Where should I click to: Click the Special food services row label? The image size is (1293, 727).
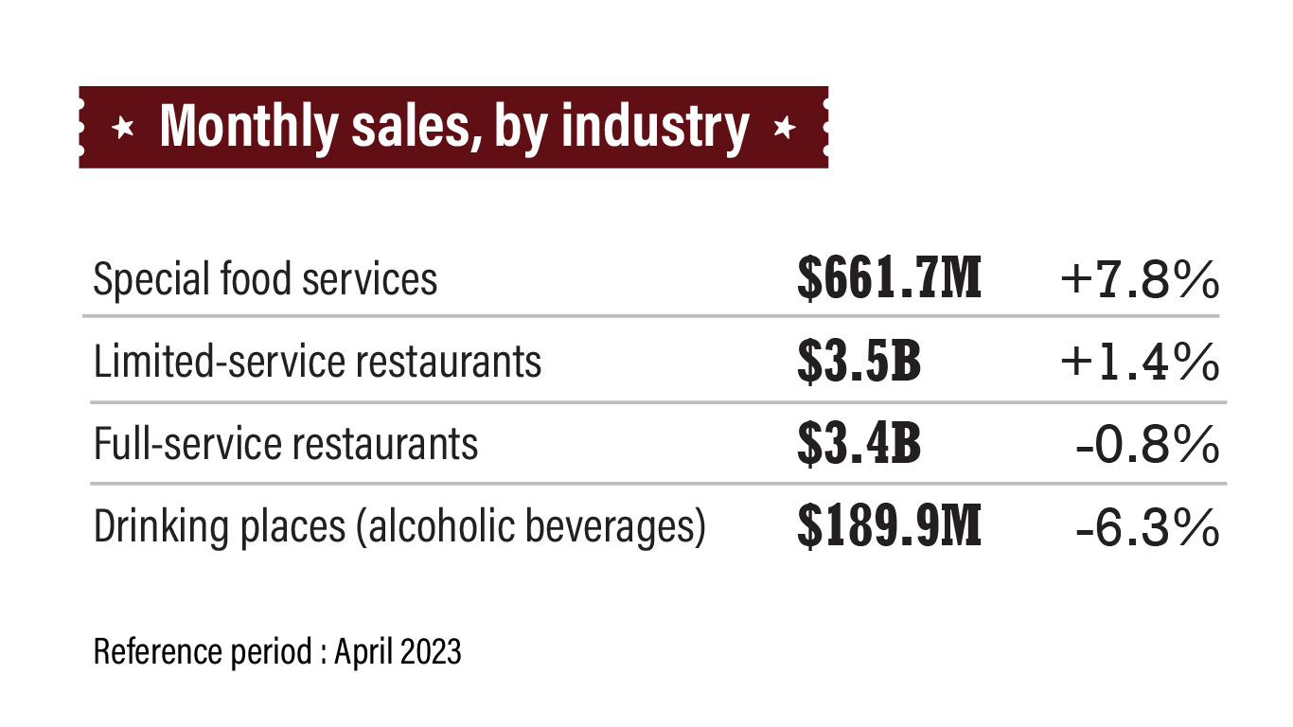point(265,279)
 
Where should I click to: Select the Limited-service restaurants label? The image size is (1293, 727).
point(317,362)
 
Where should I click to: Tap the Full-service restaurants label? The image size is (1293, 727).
point(286,444)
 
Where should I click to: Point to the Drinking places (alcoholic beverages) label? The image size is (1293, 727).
point(399,527)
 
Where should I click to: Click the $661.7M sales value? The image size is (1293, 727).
point(889,279)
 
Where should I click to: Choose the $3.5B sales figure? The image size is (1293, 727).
point(859,362)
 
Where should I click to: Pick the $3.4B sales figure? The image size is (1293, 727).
point(859,444)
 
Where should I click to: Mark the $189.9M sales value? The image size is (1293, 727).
point(889,527)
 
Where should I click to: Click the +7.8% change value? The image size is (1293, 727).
point(1139,279)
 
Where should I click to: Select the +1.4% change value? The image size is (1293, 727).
point(1139,362)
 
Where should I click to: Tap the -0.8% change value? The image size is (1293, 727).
point(1147,444)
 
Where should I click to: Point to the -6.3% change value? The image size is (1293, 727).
point(1147,527)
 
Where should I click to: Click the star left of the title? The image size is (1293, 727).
point(122,128)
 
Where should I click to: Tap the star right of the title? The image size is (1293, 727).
point(783,128)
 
